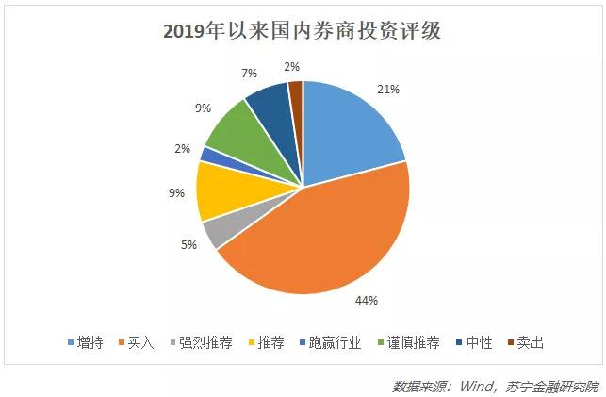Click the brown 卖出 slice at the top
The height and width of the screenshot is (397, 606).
(296, 92)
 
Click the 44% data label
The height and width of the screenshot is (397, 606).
(366, 301)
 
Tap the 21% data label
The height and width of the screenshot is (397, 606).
(388, 89)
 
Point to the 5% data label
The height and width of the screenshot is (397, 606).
(188, 245)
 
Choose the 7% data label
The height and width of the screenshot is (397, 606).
(222, 72)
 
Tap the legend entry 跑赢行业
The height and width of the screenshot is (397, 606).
(330, 343)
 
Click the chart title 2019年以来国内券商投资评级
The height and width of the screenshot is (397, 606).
(303, 31)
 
